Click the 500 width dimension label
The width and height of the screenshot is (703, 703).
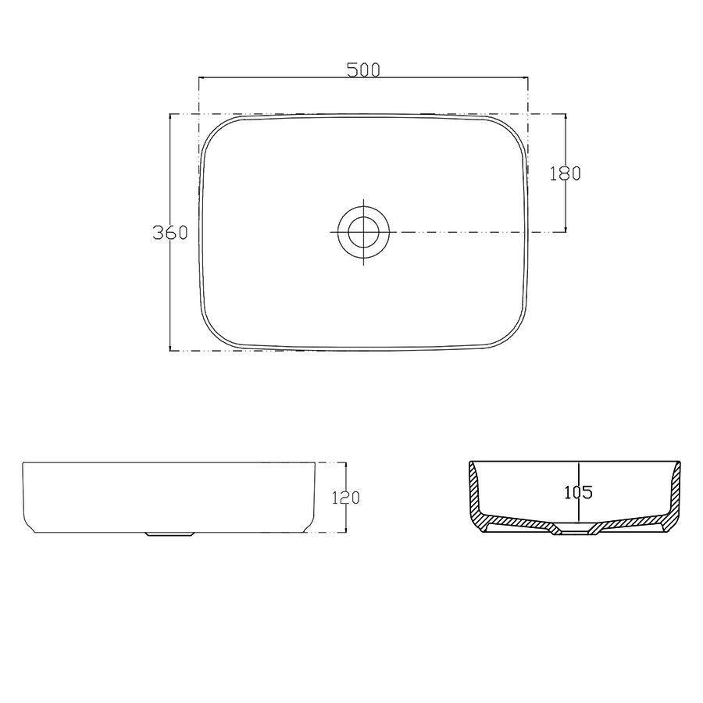pyautogui.click(x=363, y=70)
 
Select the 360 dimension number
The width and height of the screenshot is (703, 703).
pyautogui.click(x=170, y=233)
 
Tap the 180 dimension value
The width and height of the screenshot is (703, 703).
pyautogui.click(x=566, y=173)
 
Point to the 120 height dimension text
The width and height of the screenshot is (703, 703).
pyautogui.click(x=344, y=498)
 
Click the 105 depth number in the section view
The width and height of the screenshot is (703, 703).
pyautogui.click(x=578, y=492)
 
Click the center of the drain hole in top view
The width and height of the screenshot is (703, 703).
pyautogui.click(x=363, y=232)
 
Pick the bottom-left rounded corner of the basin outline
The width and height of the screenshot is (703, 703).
pyautogui.click(x=216, y=334)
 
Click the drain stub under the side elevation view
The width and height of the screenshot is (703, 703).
pyautogui.click(x=170, y=535)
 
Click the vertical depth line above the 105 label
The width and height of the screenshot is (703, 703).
pyautogui.click(x=578, y=473)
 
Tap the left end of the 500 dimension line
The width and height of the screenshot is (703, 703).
pyautogui.click(x=199, y=78)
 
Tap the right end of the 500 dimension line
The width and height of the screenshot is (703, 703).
pyautogui.click(x=528, y=78)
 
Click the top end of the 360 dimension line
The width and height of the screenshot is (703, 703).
pyautogui.click(x=170, y=115)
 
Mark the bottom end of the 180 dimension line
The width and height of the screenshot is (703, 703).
pyautogui.click(x=566, y=232)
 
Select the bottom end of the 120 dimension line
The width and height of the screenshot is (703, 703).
pyautogui.click(x=344, y=532)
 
